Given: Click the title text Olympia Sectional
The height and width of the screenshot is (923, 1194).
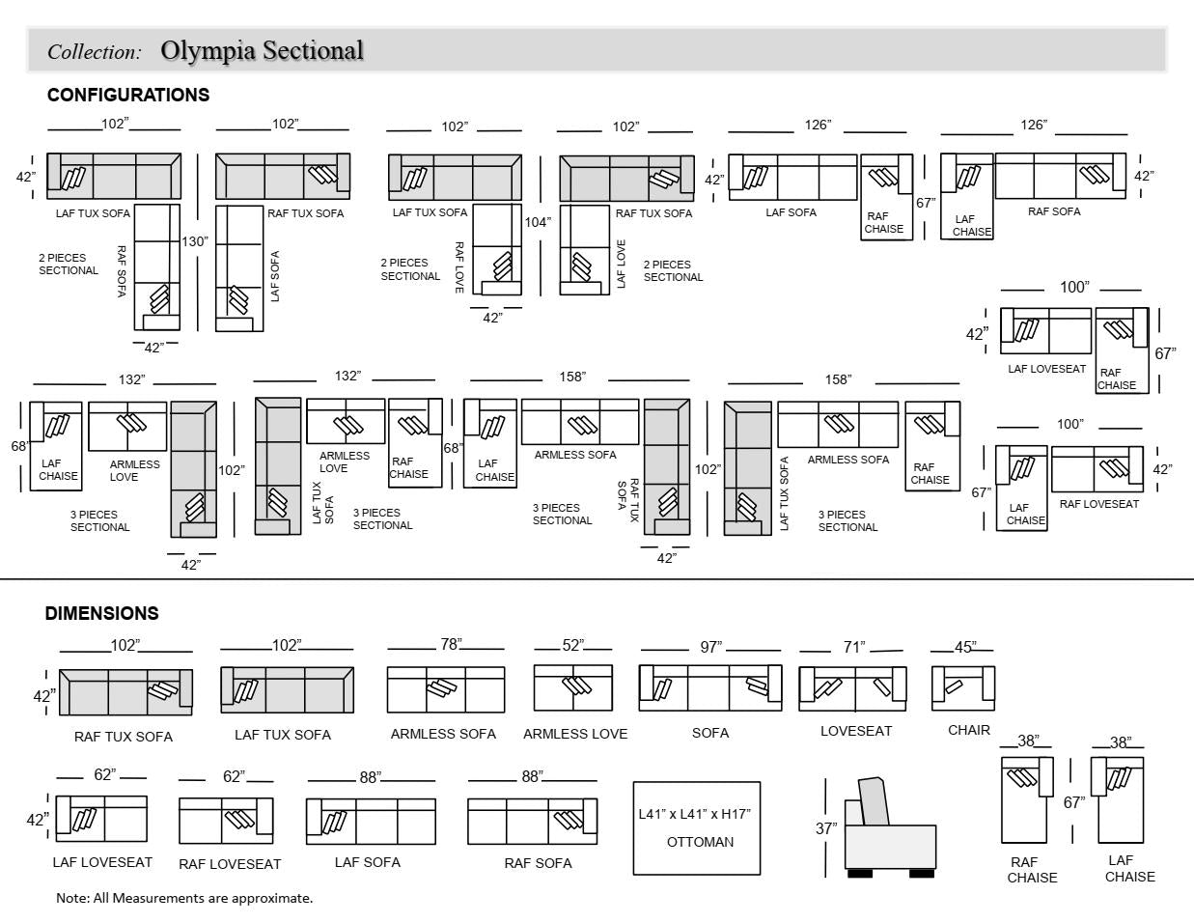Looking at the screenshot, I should point(262,50).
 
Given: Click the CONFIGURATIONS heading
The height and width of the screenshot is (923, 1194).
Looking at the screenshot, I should point(128,95).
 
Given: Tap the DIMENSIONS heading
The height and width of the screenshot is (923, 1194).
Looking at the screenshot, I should point(101,613).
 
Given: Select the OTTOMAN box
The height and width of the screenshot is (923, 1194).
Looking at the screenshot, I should point(697,827).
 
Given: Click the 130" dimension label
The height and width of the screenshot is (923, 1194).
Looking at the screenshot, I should point(195,241).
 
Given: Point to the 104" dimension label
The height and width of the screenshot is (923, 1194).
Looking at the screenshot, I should point(538,222).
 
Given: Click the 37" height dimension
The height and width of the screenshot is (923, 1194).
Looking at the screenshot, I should point(826,828).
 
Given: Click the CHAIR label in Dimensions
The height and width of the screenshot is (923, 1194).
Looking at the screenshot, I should point(968,730).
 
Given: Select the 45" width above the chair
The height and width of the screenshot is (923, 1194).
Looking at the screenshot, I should point(964,647).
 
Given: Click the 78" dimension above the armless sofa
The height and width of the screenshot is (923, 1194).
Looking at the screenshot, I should point(450,644).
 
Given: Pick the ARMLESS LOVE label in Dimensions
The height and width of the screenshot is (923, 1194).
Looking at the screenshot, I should point(575,734).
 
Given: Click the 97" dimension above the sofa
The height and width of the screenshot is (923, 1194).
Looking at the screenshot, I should point(710,647).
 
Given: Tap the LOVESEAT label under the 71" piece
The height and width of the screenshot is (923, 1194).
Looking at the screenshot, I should point(856,731).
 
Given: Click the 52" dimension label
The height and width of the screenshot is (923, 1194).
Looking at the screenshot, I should point(573,645).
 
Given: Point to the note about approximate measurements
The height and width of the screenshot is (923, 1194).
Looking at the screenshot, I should point(184,898).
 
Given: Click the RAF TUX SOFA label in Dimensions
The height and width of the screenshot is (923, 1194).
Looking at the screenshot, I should point(124,737).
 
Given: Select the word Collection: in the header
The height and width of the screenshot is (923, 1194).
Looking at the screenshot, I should point(95,52).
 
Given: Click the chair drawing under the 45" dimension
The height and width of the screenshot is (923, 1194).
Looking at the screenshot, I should point(962,687).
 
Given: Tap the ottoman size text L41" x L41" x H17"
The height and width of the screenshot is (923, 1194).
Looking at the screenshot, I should point(694,814).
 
